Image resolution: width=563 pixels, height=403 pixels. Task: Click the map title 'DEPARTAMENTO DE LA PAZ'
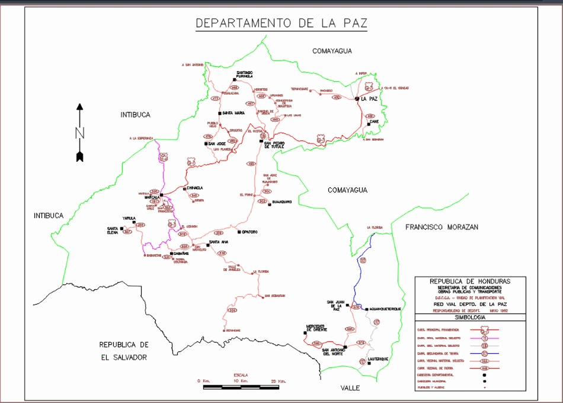[281, 23]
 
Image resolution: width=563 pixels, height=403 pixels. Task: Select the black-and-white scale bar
[241, 387]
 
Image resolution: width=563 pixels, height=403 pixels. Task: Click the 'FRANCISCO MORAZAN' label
[442, 227]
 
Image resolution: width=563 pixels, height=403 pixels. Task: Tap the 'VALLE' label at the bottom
[350, 388]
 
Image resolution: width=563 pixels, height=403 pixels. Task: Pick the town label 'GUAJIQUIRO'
[281, 202]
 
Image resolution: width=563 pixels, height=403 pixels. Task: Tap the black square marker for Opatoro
[238, 232]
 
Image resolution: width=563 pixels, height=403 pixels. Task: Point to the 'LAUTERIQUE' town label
[378, 359]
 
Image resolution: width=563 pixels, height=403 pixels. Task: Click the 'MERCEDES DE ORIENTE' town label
[316, 328]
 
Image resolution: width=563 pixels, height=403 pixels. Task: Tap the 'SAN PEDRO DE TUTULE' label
[274, 145]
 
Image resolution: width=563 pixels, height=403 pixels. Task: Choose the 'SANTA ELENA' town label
[113, 231]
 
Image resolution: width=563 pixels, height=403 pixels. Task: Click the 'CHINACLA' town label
[194, 188]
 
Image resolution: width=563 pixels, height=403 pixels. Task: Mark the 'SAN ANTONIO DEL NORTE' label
[333, 352]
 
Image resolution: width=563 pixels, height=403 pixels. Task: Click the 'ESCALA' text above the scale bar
[241, 375]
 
